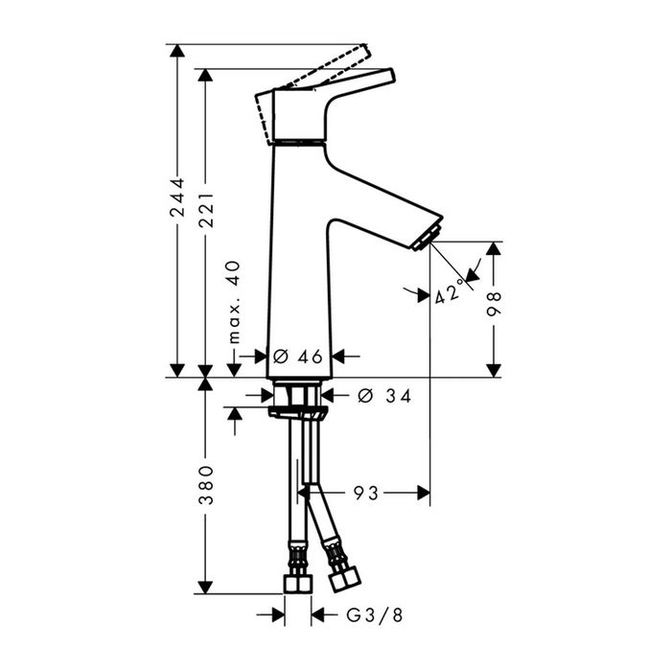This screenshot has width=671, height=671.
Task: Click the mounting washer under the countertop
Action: pos(298,413)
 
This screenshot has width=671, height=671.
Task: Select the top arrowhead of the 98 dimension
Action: pos(494,248)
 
